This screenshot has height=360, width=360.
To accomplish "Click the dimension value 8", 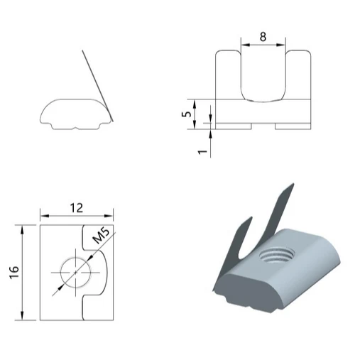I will coord(263,36).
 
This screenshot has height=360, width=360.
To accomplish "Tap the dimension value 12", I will coord(76,207).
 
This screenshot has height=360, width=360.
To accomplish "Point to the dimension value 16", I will coord(13,272).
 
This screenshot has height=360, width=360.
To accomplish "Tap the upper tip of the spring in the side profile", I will coord(83,51).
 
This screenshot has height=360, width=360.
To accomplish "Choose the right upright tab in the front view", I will coord(299,74).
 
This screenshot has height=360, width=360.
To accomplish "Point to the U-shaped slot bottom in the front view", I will coord(263,99).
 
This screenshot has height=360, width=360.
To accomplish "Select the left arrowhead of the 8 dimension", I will coord(243,45).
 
